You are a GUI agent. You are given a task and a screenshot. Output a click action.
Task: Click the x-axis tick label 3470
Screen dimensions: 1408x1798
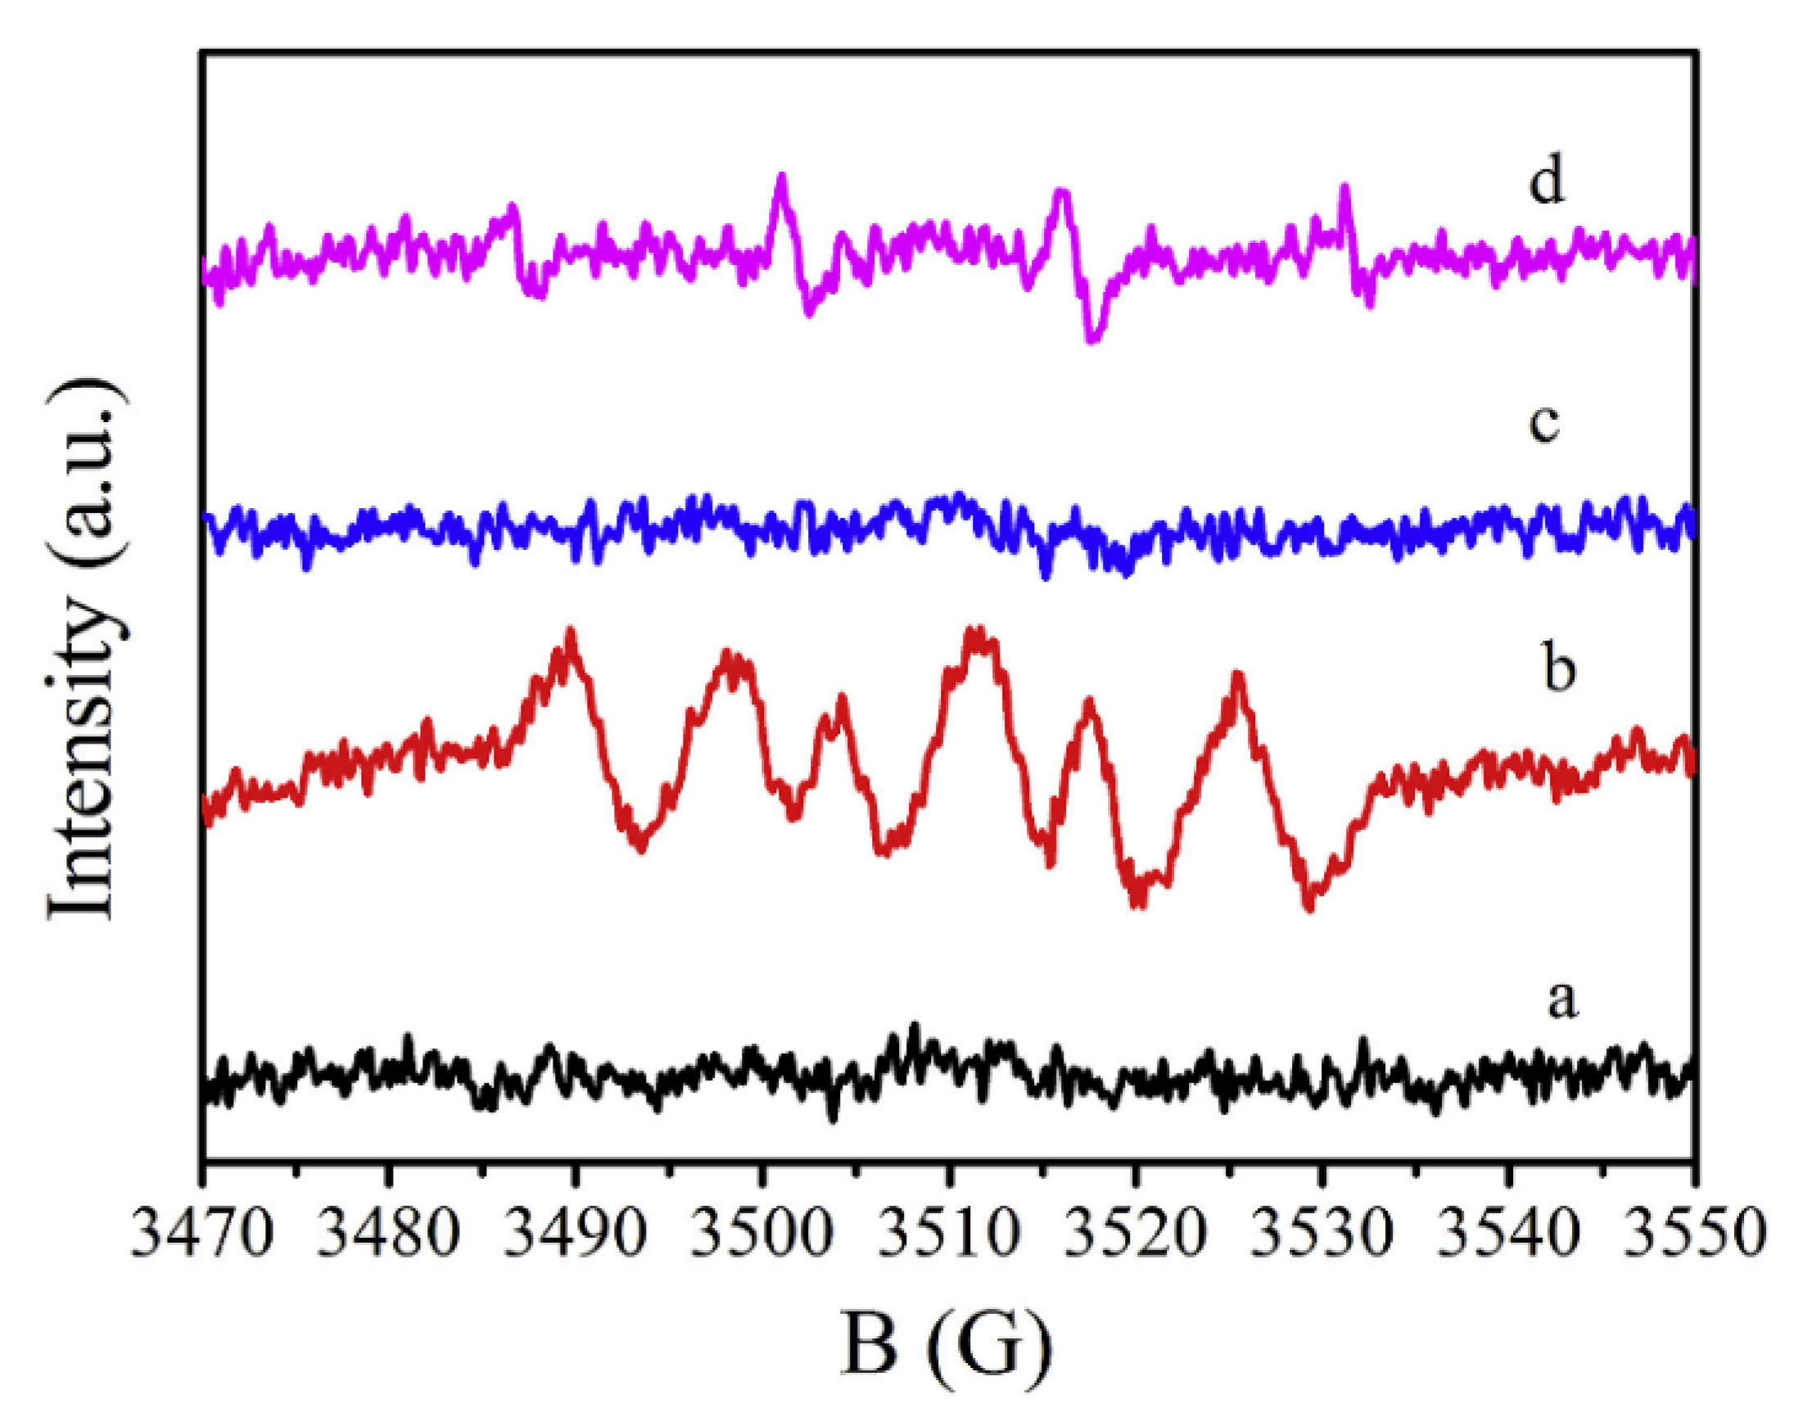click(x=201, y=1234)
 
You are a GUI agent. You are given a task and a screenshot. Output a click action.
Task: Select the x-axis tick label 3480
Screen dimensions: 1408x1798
click(x=387, y=1234)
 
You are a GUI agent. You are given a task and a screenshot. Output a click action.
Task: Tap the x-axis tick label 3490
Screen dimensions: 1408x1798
click(x=575, y=1234)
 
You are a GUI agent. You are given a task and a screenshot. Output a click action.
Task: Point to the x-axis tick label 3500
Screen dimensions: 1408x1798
click(x=761, y=1234)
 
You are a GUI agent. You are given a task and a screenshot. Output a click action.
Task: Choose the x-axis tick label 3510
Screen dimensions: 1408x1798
click(x=947, y=1234)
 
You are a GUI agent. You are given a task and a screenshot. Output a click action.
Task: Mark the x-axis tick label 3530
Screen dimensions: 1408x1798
click(x=1321, y=1234)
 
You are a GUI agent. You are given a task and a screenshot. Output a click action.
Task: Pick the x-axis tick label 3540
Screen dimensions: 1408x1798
click(x=1507, y=1234)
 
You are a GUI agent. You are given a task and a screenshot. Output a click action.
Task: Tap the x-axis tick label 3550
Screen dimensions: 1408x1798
click(x=1694, y=1234)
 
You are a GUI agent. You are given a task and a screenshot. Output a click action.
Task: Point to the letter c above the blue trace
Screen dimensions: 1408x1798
click(x=1544, y=422)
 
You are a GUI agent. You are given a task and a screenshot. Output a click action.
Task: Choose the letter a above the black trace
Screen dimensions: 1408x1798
click(x=1561, y=1000)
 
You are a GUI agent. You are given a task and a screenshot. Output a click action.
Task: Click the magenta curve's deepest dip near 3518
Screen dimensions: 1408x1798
click(x=1093, y=339)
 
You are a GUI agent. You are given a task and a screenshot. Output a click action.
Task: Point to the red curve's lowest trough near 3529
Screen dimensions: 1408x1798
click(x=1310, y=907)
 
